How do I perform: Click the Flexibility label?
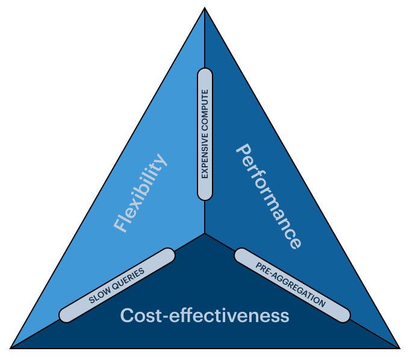click(x=140, y=193)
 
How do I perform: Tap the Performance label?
click(x=268, y=196)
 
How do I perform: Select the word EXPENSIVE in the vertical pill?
click(x=205, y=157)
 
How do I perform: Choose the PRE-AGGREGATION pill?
click(x=291, y=285)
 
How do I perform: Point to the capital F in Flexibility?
click(x=120, y=226)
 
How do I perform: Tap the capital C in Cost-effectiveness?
click(x=126, y=315)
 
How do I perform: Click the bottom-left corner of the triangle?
click(x=12, y=347)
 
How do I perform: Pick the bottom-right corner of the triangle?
click(x=397, y=347)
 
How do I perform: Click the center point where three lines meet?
click(x=205, y=234)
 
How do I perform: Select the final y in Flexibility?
click(x=160, y=161)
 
